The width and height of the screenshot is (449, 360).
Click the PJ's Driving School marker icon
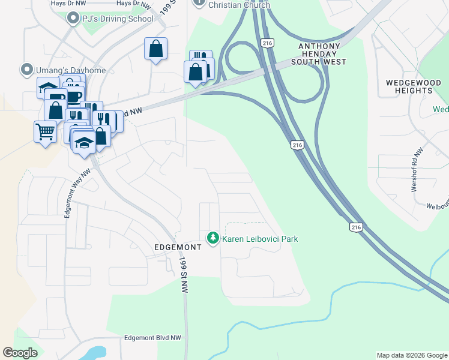73,19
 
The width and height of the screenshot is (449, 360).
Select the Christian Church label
239,5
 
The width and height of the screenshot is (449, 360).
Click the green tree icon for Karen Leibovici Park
212,238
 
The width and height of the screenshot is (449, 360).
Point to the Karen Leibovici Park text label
260,239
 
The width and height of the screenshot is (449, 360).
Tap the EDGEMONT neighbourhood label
178,247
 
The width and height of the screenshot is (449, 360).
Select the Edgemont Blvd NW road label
152,338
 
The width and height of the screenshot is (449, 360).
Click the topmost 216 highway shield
267,43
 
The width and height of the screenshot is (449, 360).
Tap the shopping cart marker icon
46,131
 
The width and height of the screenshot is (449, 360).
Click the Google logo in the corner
20,353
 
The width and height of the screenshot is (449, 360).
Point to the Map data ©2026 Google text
412,355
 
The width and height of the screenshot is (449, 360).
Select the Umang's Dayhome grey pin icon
26,70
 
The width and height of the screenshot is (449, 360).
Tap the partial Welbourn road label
437,206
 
